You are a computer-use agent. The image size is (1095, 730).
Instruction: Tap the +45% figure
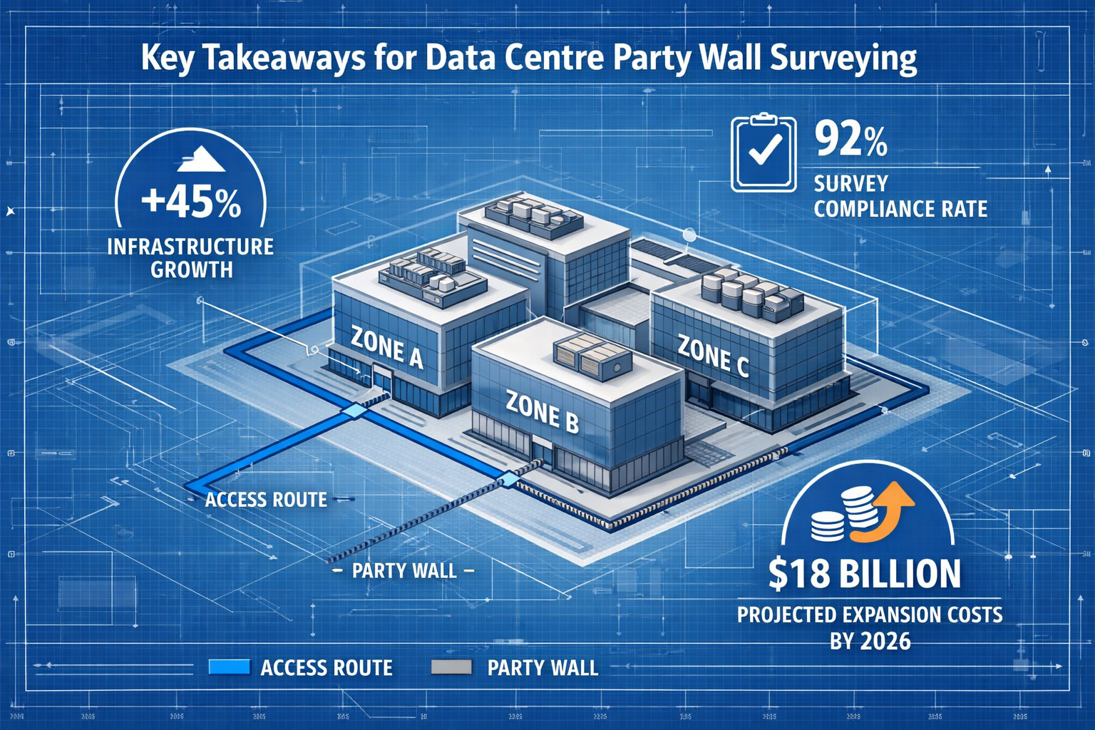coord(191,201)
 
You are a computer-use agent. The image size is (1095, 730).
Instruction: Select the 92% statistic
coord(851,140)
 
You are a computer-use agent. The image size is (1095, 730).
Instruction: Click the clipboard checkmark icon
coord(764,153)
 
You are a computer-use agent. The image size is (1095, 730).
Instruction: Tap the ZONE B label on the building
coord(542,413)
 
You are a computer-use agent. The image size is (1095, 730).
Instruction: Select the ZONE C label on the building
coord(712,356)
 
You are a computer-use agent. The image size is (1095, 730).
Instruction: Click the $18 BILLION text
coord(864,575)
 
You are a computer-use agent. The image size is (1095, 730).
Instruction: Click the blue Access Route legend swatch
coord(230,667)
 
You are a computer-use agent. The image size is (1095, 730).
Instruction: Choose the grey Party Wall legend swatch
coord(451,667)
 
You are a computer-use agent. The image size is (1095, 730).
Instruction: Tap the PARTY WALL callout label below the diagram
coord(404,571)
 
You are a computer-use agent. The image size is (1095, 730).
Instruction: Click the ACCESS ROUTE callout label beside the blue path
coord(266,500)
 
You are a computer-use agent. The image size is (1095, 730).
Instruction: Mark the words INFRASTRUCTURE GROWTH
coord(190,258)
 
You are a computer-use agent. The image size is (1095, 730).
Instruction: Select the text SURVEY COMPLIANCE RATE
coord(900,196)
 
